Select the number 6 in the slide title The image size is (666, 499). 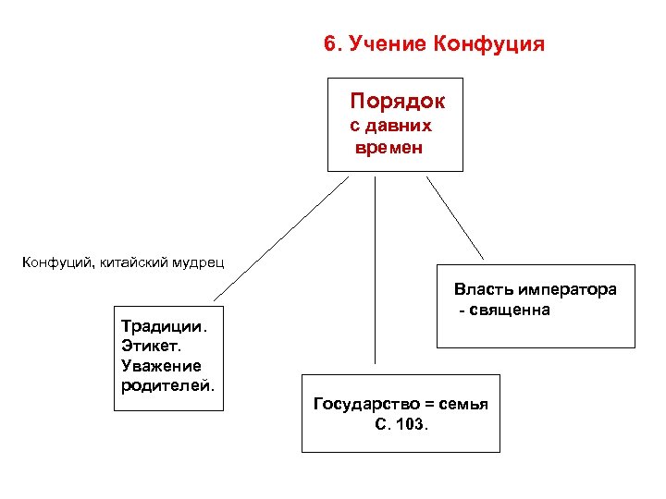329,44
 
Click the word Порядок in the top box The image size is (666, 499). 397,100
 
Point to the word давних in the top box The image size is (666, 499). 399,126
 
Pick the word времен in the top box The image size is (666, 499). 388,147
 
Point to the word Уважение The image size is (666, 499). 160,366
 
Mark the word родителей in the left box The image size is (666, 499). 166,385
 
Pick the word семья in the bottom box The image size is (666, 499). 462,404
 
